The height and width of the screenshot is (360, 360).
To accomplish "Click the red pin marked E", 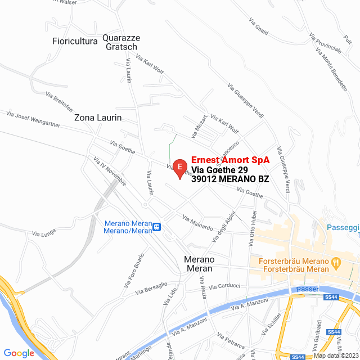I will [179, 167].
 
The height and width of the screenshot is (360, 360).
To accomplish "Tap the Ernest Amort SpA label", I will [230, 160].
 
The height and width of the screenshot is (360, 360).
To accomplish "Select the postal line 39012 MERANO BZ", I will [230, 179].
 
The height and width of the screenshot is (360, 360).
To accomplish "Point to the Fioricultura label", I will [75, 40].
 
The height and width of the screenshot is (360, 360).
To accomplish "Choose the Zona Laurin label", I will [98, 118].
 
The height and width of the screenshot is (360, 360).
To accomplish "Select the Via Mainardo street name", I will [197, 222].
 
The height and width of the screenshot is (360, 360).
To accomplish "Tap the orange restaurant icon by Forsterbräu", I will [336, 262].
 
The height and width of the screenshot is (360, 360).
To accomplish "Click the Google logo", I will [19, 353].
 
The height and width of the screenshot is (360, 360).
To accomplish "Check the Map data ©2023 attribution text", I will [335, 355].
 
